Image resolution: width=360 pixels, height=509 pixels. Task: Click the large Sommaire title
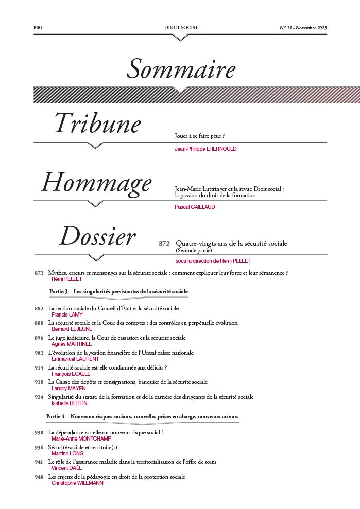pos(181,69)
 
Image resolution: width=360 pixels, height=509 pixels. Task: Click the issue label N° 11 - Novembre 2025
pos(303,27)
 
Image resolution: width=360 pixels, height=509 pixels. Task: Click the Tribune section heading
pos(98,124)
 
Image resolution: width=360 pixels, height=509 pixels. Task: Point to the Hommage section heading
pos(96,183)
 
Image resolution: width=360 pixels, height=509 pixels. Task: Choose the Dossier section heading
pos(97,237)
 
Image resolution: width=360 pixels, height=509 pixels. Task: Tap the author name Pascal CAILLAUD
pos(195,207)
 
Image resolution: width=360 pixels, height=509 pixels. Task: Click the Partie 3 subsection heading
pos(118,291)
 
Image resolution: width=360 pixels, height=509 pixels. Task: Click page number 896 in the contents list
pos(39,338)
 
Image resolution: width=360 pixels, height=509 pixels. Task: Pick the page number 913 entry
pos(39,368)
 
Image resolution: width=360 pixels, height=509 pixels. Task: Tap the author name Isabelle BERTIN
pos(70,403)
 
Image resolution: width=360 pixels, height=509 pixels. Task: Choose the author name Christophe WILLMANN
pos(77,483)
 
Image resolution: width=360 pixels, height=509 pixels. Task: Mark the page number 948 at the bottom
pos(39,477)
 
